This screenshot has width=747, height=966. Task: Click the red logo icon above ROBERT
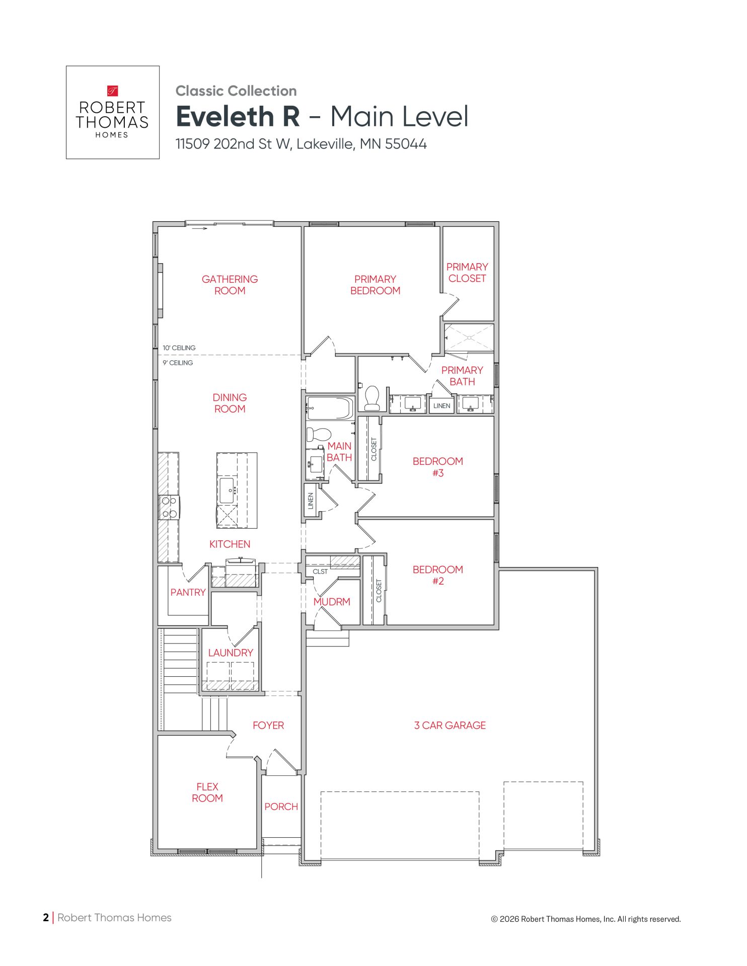tap(113, 91)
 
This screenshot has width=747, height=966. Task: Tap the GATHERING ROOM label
tap(230, 285)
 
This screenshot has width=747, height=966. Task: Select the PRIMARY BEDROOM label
tap(375, 285)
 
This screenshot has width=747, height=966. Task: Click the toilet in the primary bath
tap(372, 398)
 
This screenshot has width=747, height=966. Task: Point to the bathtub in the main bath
tap(330, 408)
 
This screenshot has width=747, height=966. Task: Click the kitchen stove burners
tap(169, 507)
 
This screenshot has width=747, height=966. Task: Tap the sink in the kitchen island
tap(227, 490)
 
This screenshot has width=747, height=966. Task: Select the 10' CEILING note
tap(179, 348)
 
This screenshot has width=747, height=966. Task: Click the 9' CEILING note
tap(178, 363)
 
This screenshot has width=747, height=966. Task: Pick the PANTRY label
tap(188, 592)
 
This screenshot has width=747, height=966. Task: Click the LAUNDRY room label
tap(231, 653)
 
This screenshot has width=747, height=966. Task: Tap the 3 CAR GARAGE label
tap(450, 725)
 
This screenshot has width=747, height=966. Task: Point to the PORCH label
tap(281, 807)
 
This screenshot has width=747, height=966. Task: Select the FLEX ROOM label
tap(207, 792)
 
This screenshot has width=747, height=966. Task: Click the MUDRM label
tap(332, 602)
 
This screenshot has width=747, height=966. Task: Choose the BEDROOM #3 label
tap(437, 467)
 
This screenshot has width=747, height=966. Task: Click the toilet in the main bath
tap(318, 434)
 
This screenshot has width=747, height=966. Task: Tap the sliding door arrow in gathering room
tap(199, 229)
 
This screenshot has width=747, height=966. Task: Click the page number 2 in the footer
tap(46, 917)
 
